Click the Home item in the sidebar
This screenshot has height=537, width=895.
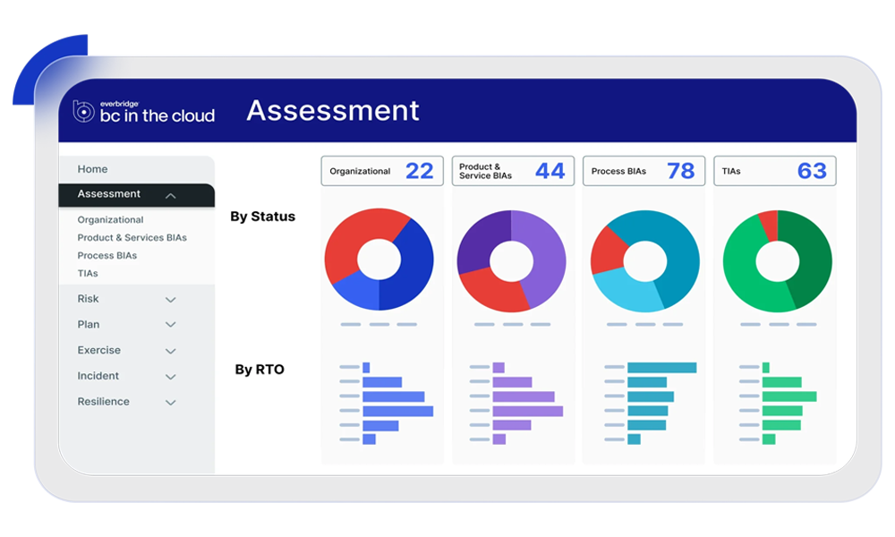tap(92, 169)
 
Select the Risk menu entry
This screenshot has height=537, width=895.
tap(89, 299)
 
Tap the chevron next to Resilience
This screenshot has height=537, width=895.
tap(171, 403)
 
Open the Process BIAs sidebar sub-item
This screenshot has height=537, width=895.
tap(107, 256)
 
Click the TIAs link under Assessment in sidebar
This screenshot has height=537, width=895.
tap(88, 274)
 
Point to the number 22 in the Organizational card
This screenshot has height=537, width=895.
tap(419, 171)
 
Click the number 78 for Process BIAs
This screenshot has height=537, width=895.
tap(681, 171)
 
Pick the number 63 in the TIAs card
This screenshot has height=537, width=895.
tap(812, 171)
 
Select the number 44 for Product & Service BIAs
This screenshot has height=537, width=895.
tap(550, 171)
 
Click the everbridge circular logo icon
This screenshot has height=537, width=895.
tap(83, 111)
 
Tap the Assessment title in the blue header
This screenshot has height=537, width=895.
tap(333, 110)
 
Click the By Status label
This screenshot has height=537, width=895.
tap(262, 217)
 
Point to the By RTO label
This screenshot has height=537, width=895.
tap(260, 370)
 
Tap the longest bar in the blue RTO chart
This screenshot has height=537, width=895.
tap(397, 411)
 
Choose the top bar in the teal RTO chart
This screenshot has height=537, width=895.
tap(661, 368)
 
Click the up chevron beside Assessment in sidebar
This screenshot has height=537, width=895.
tap(171, 195)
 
